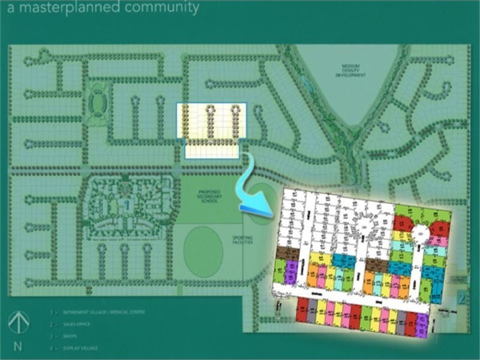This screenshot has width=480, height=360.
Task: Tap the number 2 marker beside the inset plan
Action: [461, 298]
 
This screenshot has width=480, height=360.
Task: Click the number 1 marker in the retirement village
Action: [127, 205]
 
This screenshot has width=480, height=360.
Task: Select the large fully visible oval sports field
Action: [203, 251]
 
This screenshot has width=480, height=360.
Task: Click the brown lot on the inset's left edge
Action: [286, 254]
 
